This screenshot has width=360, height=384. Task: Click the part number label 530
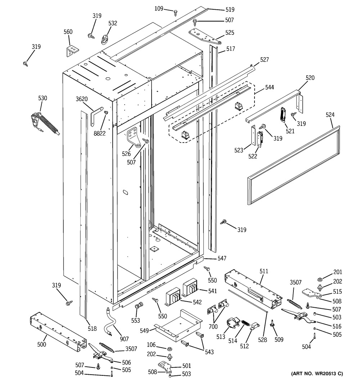tap(42, 98)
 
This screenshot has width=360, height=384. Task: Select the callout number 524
tap(330, 115)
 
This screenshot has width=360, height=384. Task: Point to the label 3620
tap(82, 99)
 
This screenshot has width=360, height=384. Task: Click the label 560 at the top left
tap(68, 32)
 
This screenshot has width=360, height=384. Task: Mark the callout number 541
tap(202, 291)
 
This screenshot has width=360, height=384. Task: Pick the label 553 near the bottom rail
tap(136, 320)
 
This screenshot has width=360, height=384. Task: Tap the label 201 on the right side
tap(337, 272)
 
